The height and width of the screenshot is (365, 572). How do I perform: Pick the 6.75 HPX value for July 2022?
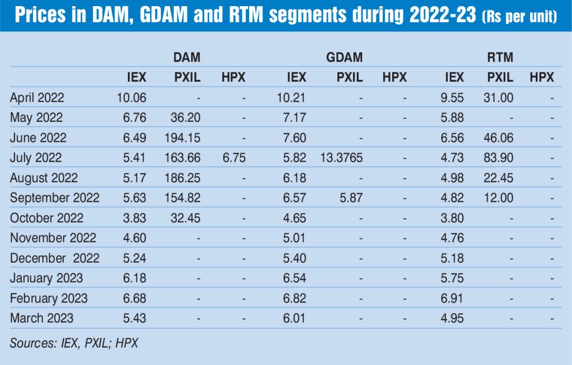pos(233,158)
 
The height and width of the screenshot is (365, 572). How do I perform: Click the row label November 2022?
pos(53,238)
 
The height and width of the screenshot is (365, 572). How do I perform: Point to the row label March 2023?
pos(42,318)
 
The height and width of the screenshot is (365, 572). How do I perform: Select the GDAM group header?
pos(344,58)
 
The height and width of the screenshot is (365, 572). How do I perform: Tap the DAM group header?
pos(187,58)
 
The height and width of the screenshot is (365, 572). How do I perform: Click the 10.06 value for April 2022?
pos(132,98)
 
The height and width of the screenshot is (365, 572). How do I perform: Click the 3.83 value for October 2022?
pos(135,218)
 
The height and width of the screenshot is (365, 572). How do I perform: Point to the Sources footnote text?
pos(74,343)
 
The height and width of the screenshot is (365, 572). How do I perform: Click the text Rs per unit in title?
pos(519,18)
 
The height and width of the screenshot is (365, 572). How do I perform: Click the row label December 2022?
pos(55,258)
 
